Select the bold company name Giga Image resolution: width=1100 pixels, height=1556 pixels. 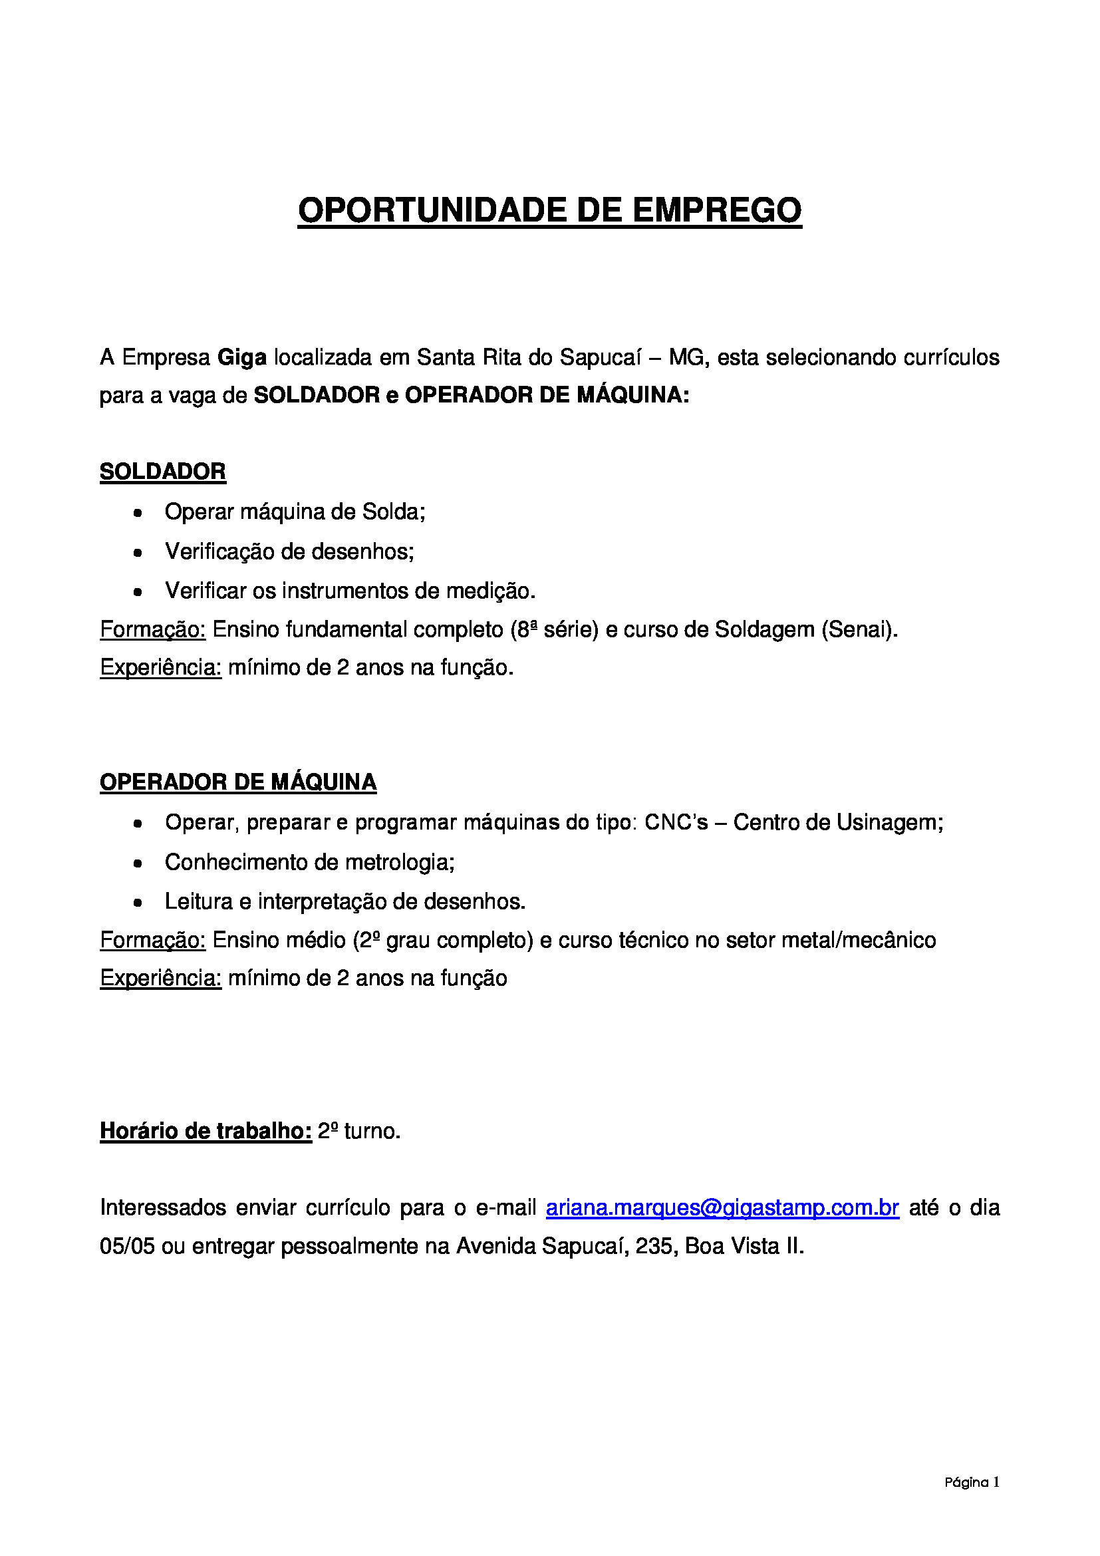point(242,357)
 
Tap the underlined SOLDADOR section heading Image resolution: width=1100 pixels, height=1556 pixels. point(162,472)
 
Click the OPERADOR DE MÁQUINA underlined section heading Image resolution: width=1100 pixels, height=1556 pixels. point(237,782)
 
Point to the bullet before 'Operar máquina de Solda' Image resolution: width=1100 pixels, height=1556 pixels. point(138,513)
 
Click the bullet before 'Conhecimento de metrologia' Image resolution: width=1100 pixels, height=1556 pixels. point(138,863)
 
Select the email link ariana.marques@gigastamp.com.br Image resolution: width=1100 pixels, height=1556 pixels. point(722,1207)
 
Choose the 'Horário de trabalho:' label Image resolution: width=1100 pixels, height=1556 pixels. point(206,1130)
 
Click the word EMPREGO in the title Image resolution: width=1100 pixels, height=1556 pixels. point(718,210)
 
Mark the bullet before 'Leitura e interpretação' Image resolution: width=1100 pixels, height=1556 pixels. point(138,903)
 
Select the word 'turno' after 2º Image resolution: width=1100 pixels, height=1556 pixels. point(370,1130)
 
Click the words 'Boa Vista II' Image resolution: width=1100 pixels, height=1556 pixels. point(743,1245)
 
